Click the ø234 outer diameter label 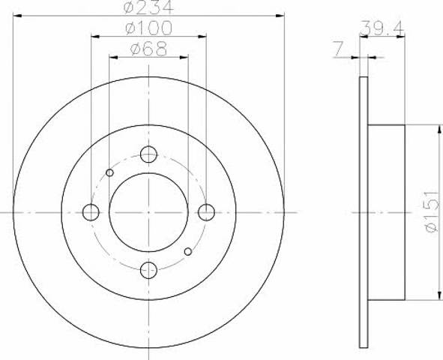[148, 7]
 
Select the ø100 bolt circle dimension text [148, 28]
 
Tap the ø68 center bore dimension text [148, 49]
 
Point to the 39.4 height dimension [382, 28]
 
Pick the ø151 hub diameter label [433, 211]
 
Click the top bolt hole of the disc [148, 154]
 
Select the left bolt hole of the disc [91, 212]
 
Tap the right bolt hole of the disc [207, 212]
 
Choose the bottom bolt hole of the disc [148, 270]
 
